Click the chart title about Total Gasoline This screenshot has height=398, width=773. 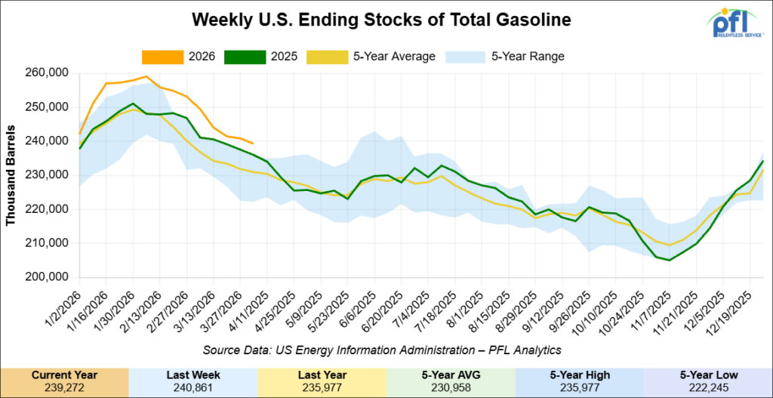pyautogui.click(x=386, y=17)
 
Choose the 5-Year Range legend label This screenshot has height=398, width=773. pyautogui.click(x=526, y=57)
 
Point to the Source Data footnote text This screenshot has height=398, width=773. pyautogui.click(x=386, y=350)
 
